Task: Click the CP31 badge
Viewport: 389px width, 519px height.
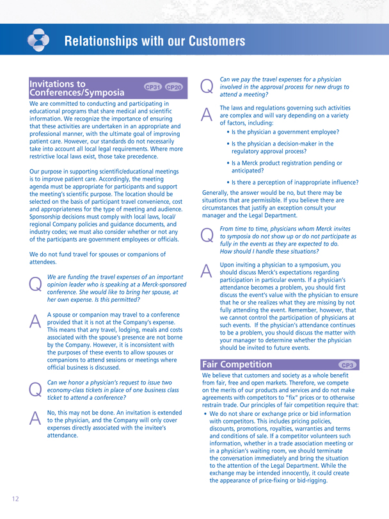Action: point(152,87)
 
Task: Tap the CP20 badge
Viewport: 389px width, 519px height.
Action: point(173,87)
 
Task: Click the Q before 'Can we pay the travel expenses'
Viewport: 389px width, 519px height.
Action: point(207,86)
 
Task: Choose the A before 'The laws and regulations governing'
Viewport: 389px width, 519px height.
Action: point(207,113)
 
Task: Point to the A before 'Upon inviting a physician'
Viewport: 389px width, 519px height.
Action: point(207,271)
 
